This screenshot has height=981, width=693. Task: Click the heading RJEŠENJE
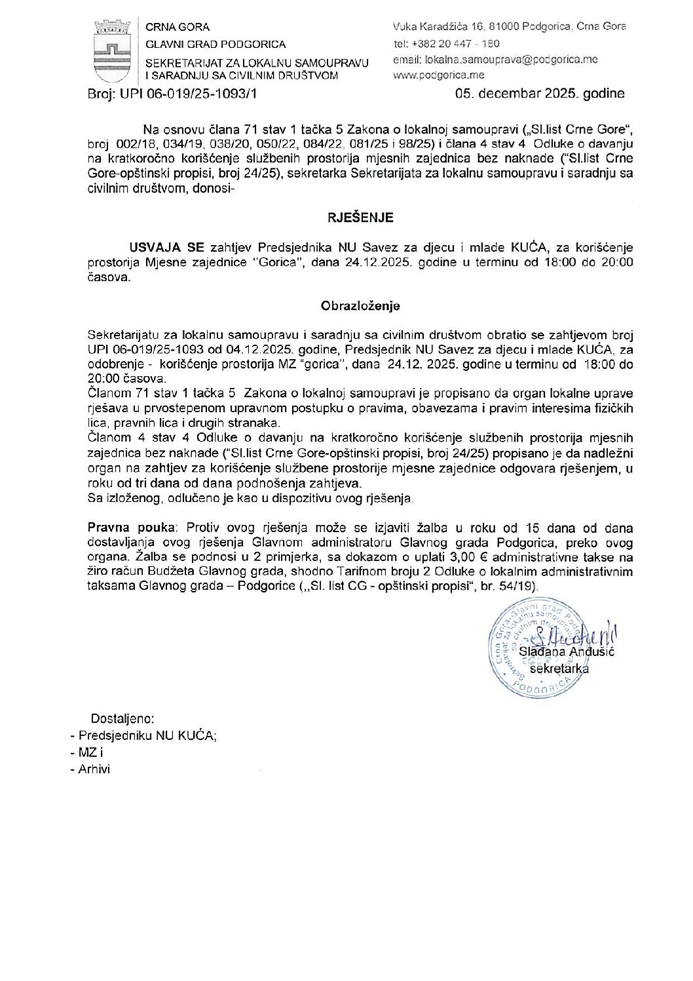tap(360, 216)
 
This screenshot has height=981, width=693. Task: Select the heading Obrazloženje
tap(360, 305)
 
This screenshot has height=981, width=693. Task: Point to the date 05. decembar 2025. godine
tap(540, 93)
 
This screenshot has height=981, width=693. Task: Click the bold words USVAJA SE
tap(167, 248)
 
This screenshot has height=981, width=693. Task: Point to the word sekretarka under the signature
tap(559, 669)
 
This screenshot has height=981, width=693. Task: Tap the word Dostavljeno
tap(122, 718)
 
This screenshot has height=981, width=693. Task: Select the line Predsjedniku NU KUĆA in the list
tap(147, 735)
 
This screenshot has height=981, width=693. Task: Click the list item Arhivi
tap(94, 769)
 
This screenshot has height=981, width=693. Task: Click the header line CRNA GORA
tap(178, 28)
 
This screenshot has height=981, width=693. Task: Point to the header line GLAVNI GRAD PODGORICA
tap(215, 44)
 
